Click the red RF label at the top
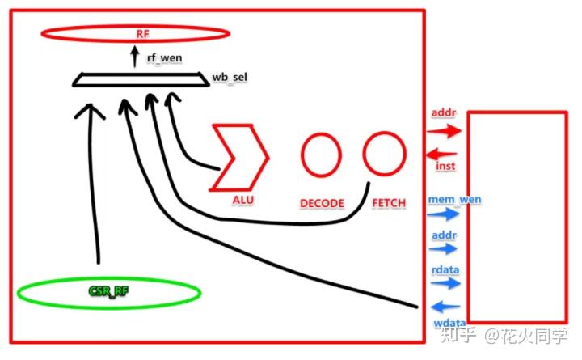click(x=142, y=34)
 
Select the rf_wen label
click(x=164, y=58)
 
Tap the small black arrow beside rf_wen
click(x=135, y=56)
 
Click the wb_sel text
click(x=230, y=78)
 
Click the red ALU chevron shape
click(x=259, y=158)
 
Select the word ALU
click(x=243, y=200)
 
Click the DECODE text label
click(x=322, y=203)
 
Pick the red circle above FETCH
click(x=385, y=133)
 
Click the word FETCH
click(x=389, y=203)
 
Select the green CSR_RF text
click(x=109, y=291)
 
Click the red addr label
click(x=444, y=112)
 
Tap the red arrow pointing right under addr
click(x=445, y=131)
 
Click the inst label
click(x=445, y=166)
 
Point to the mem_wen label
click(x=454, y=200)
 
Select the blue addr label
click(x=445, y=235)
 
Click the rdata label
click(x=445, y=269)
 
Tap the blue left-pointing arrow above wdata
click(x=445, y=307)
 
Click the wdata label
click(x=449, y=323)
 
